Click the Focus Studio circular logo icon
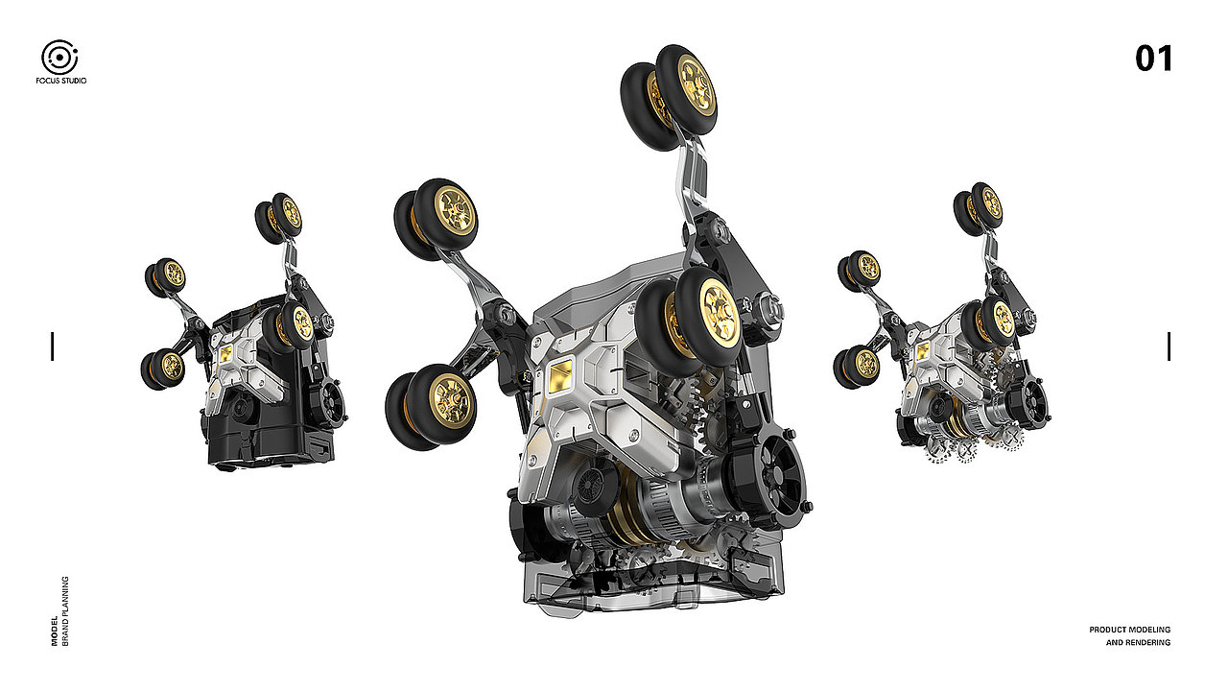click(59, 57)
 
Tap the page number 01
click(1153, 59)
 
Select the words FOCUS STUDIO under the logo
click(60, 81)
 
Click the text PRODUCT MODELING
click(1129, 630)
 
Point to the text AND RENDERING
click(1138, 642)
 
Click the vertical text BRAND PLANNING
click(66, 611)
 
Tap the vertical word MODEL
click(55, 631)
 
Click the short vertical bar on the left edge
click(53, 346)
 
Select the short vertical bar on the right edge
click(1169, 346)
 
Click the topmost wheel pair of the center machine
click(669, 96)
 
